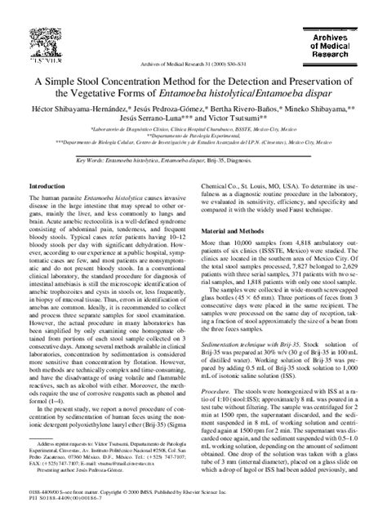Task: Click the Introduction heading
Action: (51, 210)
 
